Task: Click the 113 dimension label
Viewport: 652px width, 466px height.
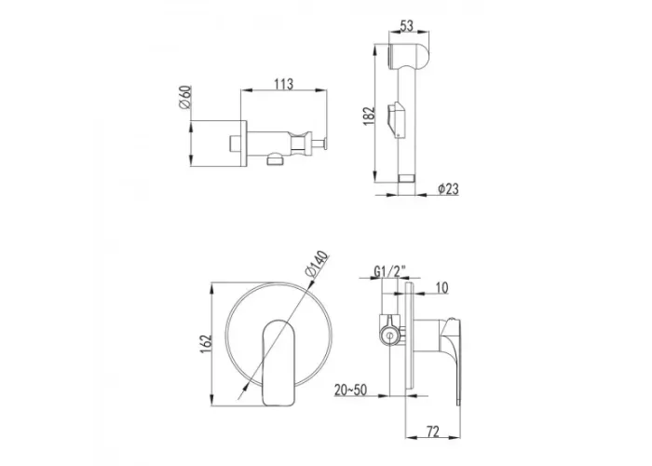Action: pos(283,84)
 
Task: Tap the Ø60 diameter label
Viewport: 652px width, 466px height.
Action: pos(184,97)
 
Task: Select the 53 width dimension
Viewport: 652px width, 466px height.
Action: pos(407,26)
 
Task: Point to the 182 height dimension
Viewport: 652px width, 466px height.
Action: pos(369,116)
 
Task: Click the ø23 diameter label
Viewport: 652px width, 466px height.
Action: pos(448,189)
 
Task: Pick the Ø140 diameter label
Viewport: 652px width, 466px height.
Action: pos(316,264)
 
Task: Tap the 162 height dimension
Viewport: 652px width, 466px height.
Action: pos(206,344)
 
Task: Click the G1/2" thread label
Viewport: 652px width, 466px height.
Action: pos(389,272)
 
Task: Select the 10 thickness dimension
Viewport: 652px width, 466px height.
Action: pos(442,287)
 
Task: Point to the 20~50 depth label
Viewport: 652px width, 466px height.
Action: pos(350,390)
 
